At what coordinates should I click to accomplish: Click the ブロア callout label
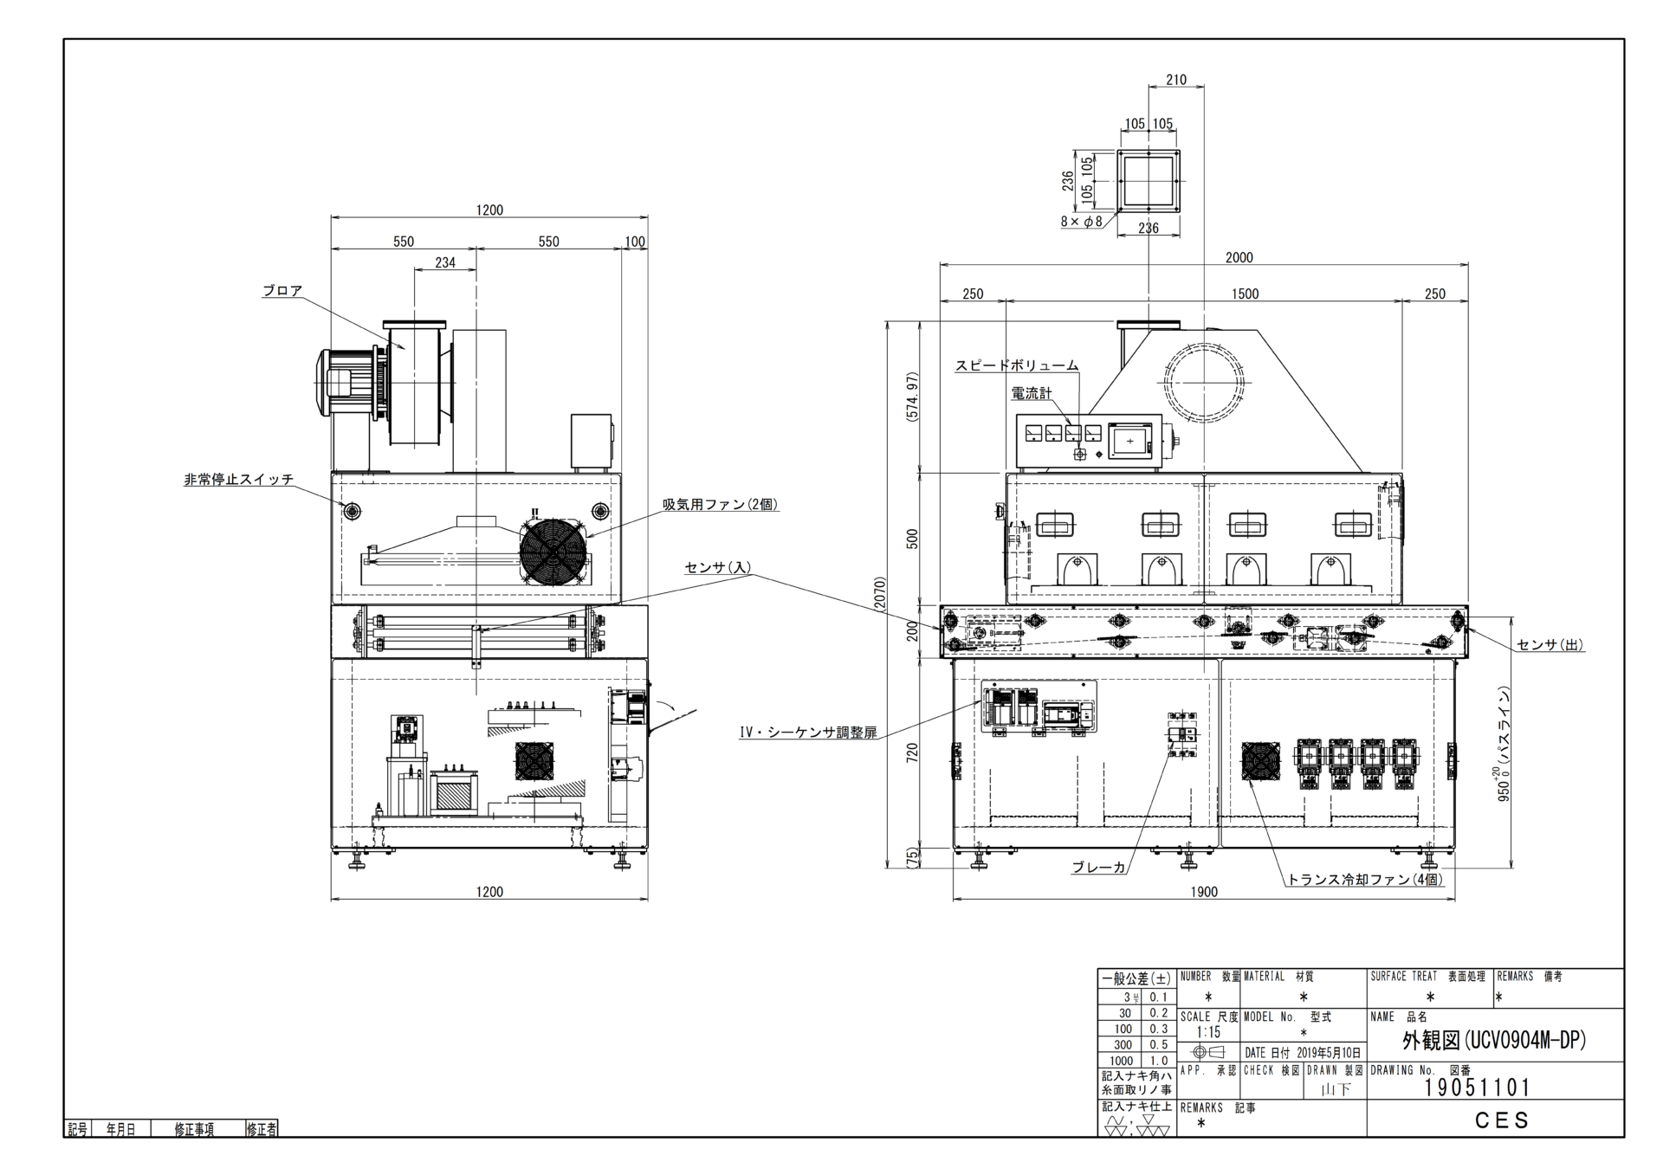(x=282, y=291)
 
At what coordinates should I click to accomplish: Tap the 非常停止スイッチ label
(x=239, y=480)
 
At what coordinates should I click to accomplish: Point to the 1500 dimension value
(x=1246, y=294)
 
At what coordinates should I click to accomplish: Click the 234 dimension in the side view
(x=445, y=262)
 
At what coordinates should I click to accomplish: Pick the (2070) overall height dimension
(x=880, y=594)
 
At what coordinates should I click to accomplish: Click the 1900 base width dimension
(x=1204, y=892)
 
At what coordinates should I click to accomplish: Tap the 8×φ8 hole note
(x=1082, y=221)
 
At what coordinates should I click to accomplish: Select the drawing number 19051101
(x=1478, y=1088)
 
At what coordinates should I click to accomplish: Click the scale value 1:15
(x=1208, y=1032)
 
